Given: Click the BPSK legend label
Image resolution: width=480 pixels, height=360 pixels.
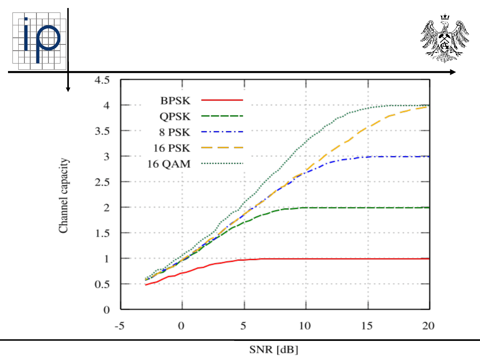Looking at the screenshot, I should pyautogui.click(x=175, y=100).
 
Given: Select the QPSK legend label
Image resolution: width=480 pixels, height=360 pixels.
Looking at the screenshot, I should pyautogui.click(x=175, y=116).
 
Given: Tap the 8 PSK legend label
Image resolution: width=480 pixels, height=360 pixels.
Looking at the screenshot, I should pyautogui.click(x=175, y=132).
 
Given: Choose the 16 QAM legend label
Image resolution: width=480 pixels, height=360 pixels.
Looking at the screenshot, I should pyautogui.click(x=169, y=164).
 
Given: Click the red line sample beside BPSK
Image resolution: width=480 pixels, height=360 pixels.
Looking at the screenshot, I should pyautogui.click(x=222, y=100).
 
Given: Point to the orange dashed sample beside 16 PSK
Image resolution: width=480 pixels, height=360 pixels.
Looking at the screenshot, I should pyautogui.click(x=222, y=148).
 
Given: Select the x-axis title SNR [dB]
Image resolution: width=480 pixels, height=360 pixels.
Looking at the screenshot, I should pyautogui.click(x=272, y=350).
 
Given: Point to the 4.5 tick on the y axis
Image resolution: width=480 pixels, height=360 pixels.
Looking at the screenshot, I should pyautogui.click(x=106, y=80).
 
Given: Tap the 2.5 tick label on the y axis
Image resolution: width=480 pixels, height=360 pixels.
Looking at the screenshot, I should pyautogui.click(x=106, y=182).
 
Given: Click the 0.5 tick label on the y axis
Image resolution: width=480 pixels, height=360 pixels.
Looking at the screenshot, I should pyautogui.click(x=106, y=284).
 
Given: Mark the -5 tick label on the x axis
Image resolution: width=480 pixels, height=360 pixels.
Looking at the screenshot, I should pyautogui.click(x=119, y=327).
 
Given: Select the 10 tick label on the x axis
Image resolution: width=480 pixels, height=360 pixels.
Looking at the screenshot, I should pyautogui.click(x=305, y=327).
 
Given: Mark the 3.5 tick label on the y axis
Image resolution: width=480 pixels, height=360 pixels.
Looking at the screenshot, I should pyautogui.click(x=106, y=131).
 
